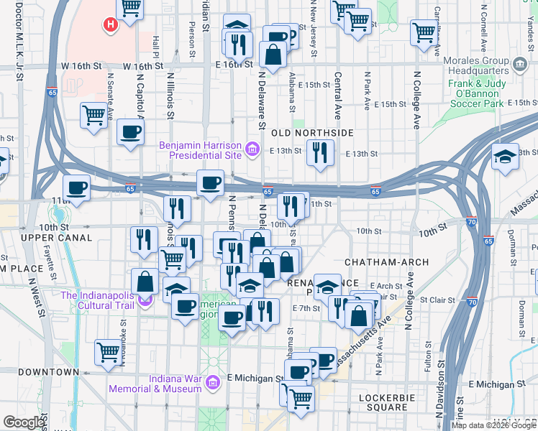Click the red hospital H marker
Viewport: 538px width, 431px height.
click(x=110, y=25)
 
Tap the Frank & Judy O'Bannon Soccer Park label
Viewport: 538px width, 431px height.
click(x=485, y=93)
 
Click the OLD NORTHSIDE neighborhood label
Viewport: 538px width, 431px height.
click(x=311, y=133)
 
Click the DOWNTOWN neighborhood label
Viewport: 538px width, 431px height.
click(x=48, y=372)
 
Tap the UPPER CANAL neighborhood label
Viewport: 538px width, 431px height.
click(x=56, y=237)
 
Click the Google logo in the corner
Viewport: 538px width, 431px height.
click(x=24, y=422)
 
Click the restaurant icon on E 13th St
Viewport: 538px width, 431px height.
click(x=319, y=152)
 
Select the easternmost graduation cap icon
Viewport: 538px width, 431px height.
click(x=506, y=157)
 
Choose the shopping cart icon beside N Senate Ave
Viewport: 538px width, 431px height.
click(x=94, y=115)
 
